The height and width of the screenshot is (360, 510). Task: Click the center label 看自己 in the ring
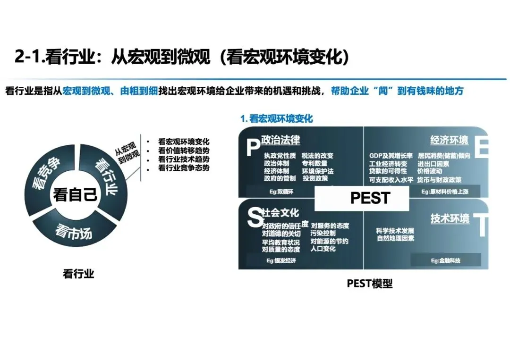[76, 194]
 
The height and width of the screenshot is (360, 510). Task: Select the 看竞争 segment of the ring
[46, 173]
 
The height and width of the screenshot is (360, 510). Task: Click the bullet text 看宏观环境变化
[184, 142]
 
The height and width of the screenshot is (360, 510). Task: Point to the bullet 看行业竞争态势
[184, 168]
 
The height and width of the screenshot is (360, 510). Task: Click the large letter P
[250, 147]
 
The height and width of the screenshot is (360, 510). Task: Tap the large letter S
[254, 218]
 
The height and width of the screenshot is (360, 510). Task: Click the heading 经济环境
[449, 140]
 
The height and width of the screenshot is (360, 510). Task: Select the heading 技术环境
[450, 218]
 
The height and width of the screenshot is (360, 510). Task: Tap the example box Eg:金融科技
[445, 260]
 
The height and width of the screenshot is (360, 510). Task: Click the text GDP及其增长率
[391, 156]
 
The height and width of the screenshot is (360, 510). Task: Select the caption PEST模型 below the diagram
[370, 284]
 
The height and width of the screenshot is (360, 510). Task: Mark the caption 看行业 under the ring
[78, 274]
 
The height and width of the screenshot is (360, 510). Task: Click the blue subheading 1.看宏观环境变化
[276, 118]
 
